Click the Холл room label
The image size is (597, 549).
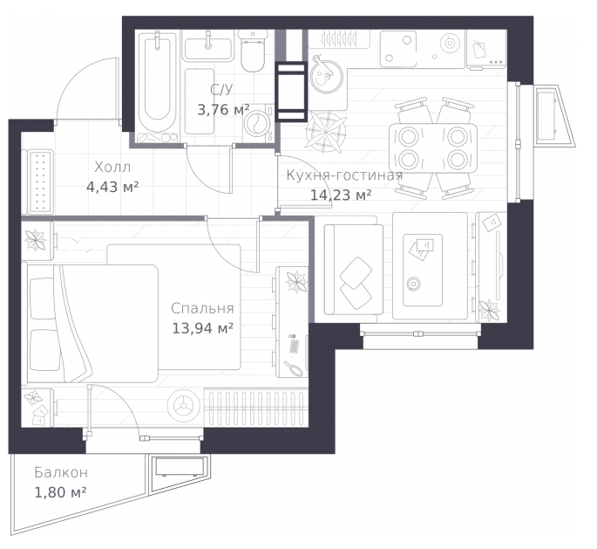click(112, 167)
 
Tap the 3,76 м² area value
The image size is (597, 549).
click(223, 110)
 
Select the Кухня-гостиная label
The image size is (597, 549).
click(344, 175)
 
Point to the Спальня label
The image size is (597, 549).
click(202, 308)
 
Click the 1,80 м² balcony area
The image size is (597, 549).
click(60, 492)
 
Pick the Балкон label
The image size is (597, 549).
click(61, 473)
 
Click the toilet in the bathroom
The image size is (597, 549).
click(254, 51)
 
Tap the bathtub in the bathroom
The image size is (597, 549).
click(158, 87)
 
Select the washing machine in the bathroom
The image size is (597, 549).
click(259, 122)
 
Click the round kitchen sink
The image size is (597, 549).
click(326, 76)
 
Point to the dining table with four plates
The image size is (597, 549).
click(433, 148)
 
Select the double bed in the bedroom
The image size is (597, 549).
click(90, 323)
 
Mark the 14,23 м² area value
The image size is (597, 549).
click(341, 196)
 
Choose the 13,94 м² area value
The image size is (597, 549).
click(202, 328)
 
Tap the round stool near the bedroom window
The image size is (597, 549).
click(184, 407)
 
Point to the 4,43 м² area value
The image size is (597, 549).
click(112, 187)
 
